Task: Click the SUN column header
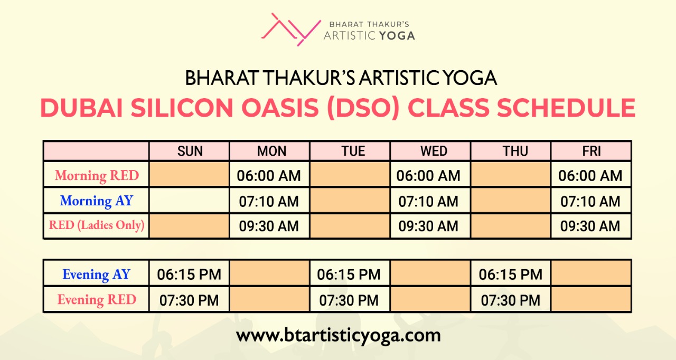[190, 151]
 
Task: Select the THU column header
[515, 151]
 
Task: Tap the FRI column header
[591, 151]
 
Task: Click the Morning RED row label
[97, 175]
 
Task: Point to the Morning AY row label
[97, 201]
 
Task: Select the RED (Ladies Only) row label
[97, 225]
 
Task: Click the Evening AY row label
[97, 274]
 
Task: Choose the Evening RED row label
[97, 300]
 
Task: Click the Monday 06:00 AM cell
[269, 176]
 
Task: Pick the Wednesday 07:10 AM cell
[428, 202]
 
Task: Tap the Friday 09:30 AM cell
[590, 226]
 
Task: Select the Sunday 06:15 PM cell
[189, 274]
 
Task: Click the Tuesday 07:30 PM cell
[349, 300]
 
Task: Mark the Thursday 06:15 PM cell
[511, 274]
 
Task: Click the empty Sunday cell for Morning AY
[189, 201]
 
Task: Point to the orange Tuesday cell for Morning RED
[350, 174]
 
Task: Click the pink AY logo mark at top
[291, 29]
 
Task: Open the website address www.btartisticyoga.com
[339, 336]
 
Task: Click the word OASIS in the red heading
[280, 108]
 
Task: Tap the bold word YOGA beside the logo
[397, 36]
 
